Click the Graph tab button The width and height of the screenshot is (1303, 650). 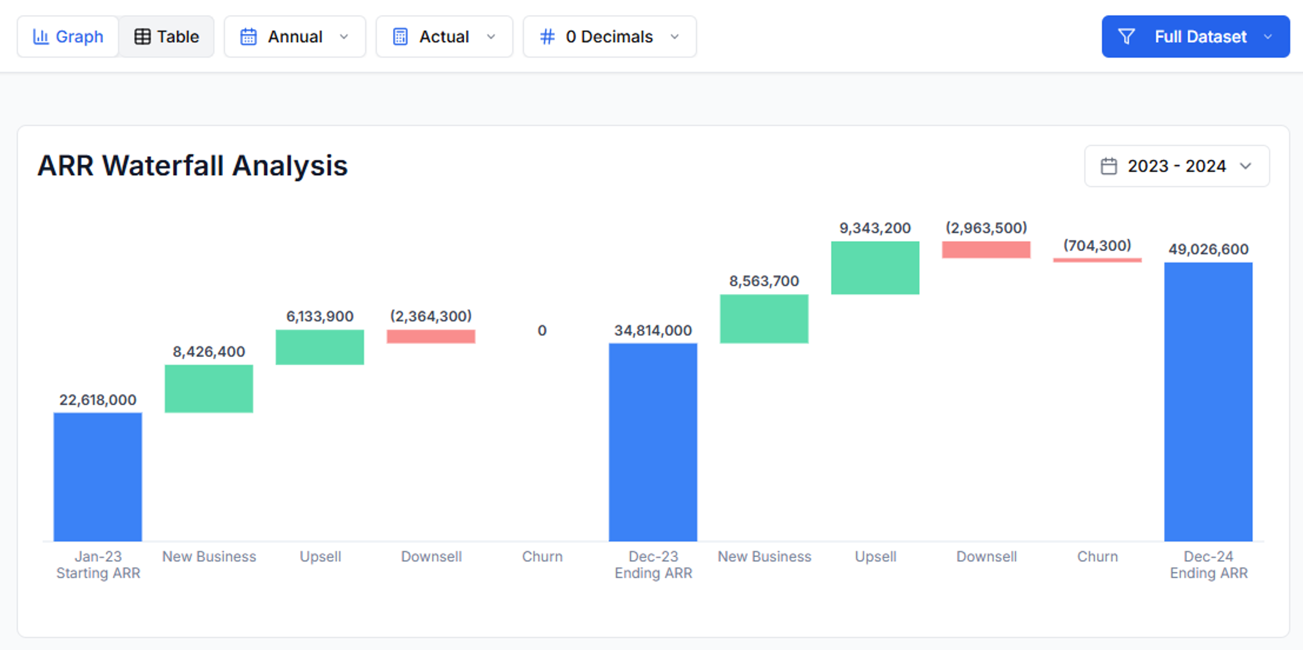click(68, 36)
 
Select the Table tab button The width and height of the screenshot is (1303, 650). click(167, 36)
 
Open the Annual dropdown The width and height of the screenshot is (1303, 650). click(294, 36)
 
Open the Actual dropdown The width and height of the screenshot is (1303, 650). click(444, 36)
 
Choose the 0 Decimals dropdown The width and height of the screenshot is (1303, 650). click(609, 36)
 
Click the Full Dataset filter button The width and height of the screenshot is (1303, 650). click(1195, 36)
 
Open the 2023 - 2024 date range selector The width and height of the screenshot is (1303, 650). click(1176, 166)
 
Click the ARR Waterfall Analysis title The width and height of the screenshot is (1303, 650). click(192, 166)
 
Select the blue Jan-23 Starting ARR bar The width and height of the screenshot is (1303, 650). click(98, 476)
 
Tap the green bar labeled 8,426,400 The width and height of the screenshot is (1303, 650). click(208, 388)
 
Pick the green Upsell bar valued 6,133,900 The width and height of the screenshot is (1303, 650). click(320, 347)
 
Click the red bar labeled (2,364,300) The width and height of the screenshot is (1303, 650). click(430, 336)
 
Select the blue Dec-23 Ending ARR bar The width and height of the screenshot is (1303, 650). click(652, 442)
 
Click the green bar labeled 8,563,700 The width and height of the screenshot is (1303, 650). click(764, 319)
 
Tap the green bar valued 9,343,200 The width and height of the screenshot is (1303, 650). click(874, 268)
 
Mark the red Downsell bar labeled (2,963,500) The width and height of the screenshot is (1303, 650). click(986, 249)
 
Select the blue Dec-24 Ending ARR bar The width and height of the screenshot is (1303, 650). click(1208, 402)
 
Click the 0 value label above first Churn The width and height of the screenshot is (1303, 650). click(542, 330)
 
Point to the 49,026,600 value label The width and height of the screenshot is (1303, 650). click(1208, 249)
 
